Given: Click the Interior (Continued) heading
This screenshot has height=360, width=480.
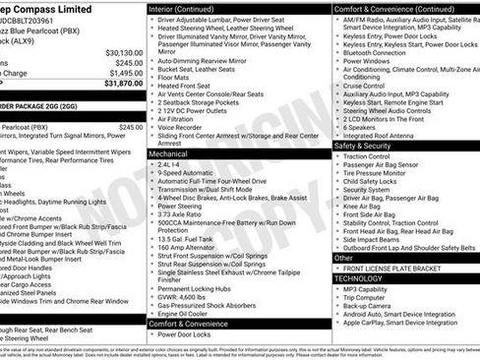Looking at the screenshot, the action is (x=188, y=8).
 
